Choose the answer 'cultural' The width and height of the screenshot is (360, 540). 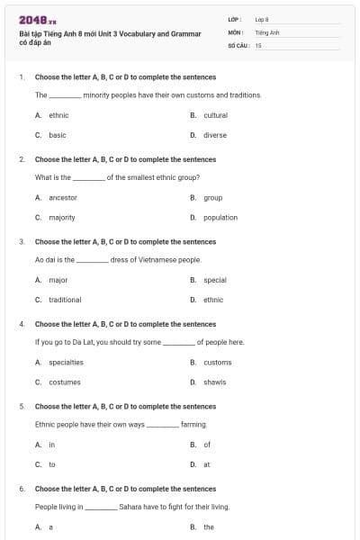[216, 115]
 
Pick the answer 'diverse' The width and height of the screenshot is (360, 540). [215, 135]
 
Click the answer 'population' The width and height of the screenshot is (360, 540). [220, 217]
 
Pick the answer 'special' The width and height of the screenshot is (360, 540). [215, 280]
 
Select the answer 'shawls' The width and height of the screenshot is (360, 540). [215, 382]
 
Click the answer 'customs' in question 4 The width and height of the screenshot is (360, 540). [218, 362]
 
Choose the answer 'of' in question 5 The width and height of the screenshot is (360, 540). [207, 445]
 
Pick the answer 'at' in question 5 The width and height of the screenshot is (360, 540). [207, 464]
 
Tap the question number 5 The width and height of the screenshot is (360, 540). [22, 406]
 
